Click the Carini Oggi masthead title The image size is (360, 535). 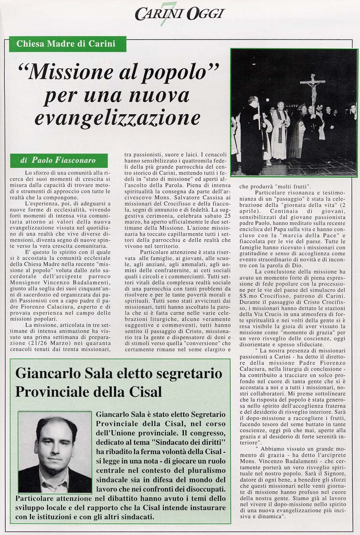tap(179, 14)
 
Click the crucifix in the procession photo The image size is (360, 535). tap(313, 88)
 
